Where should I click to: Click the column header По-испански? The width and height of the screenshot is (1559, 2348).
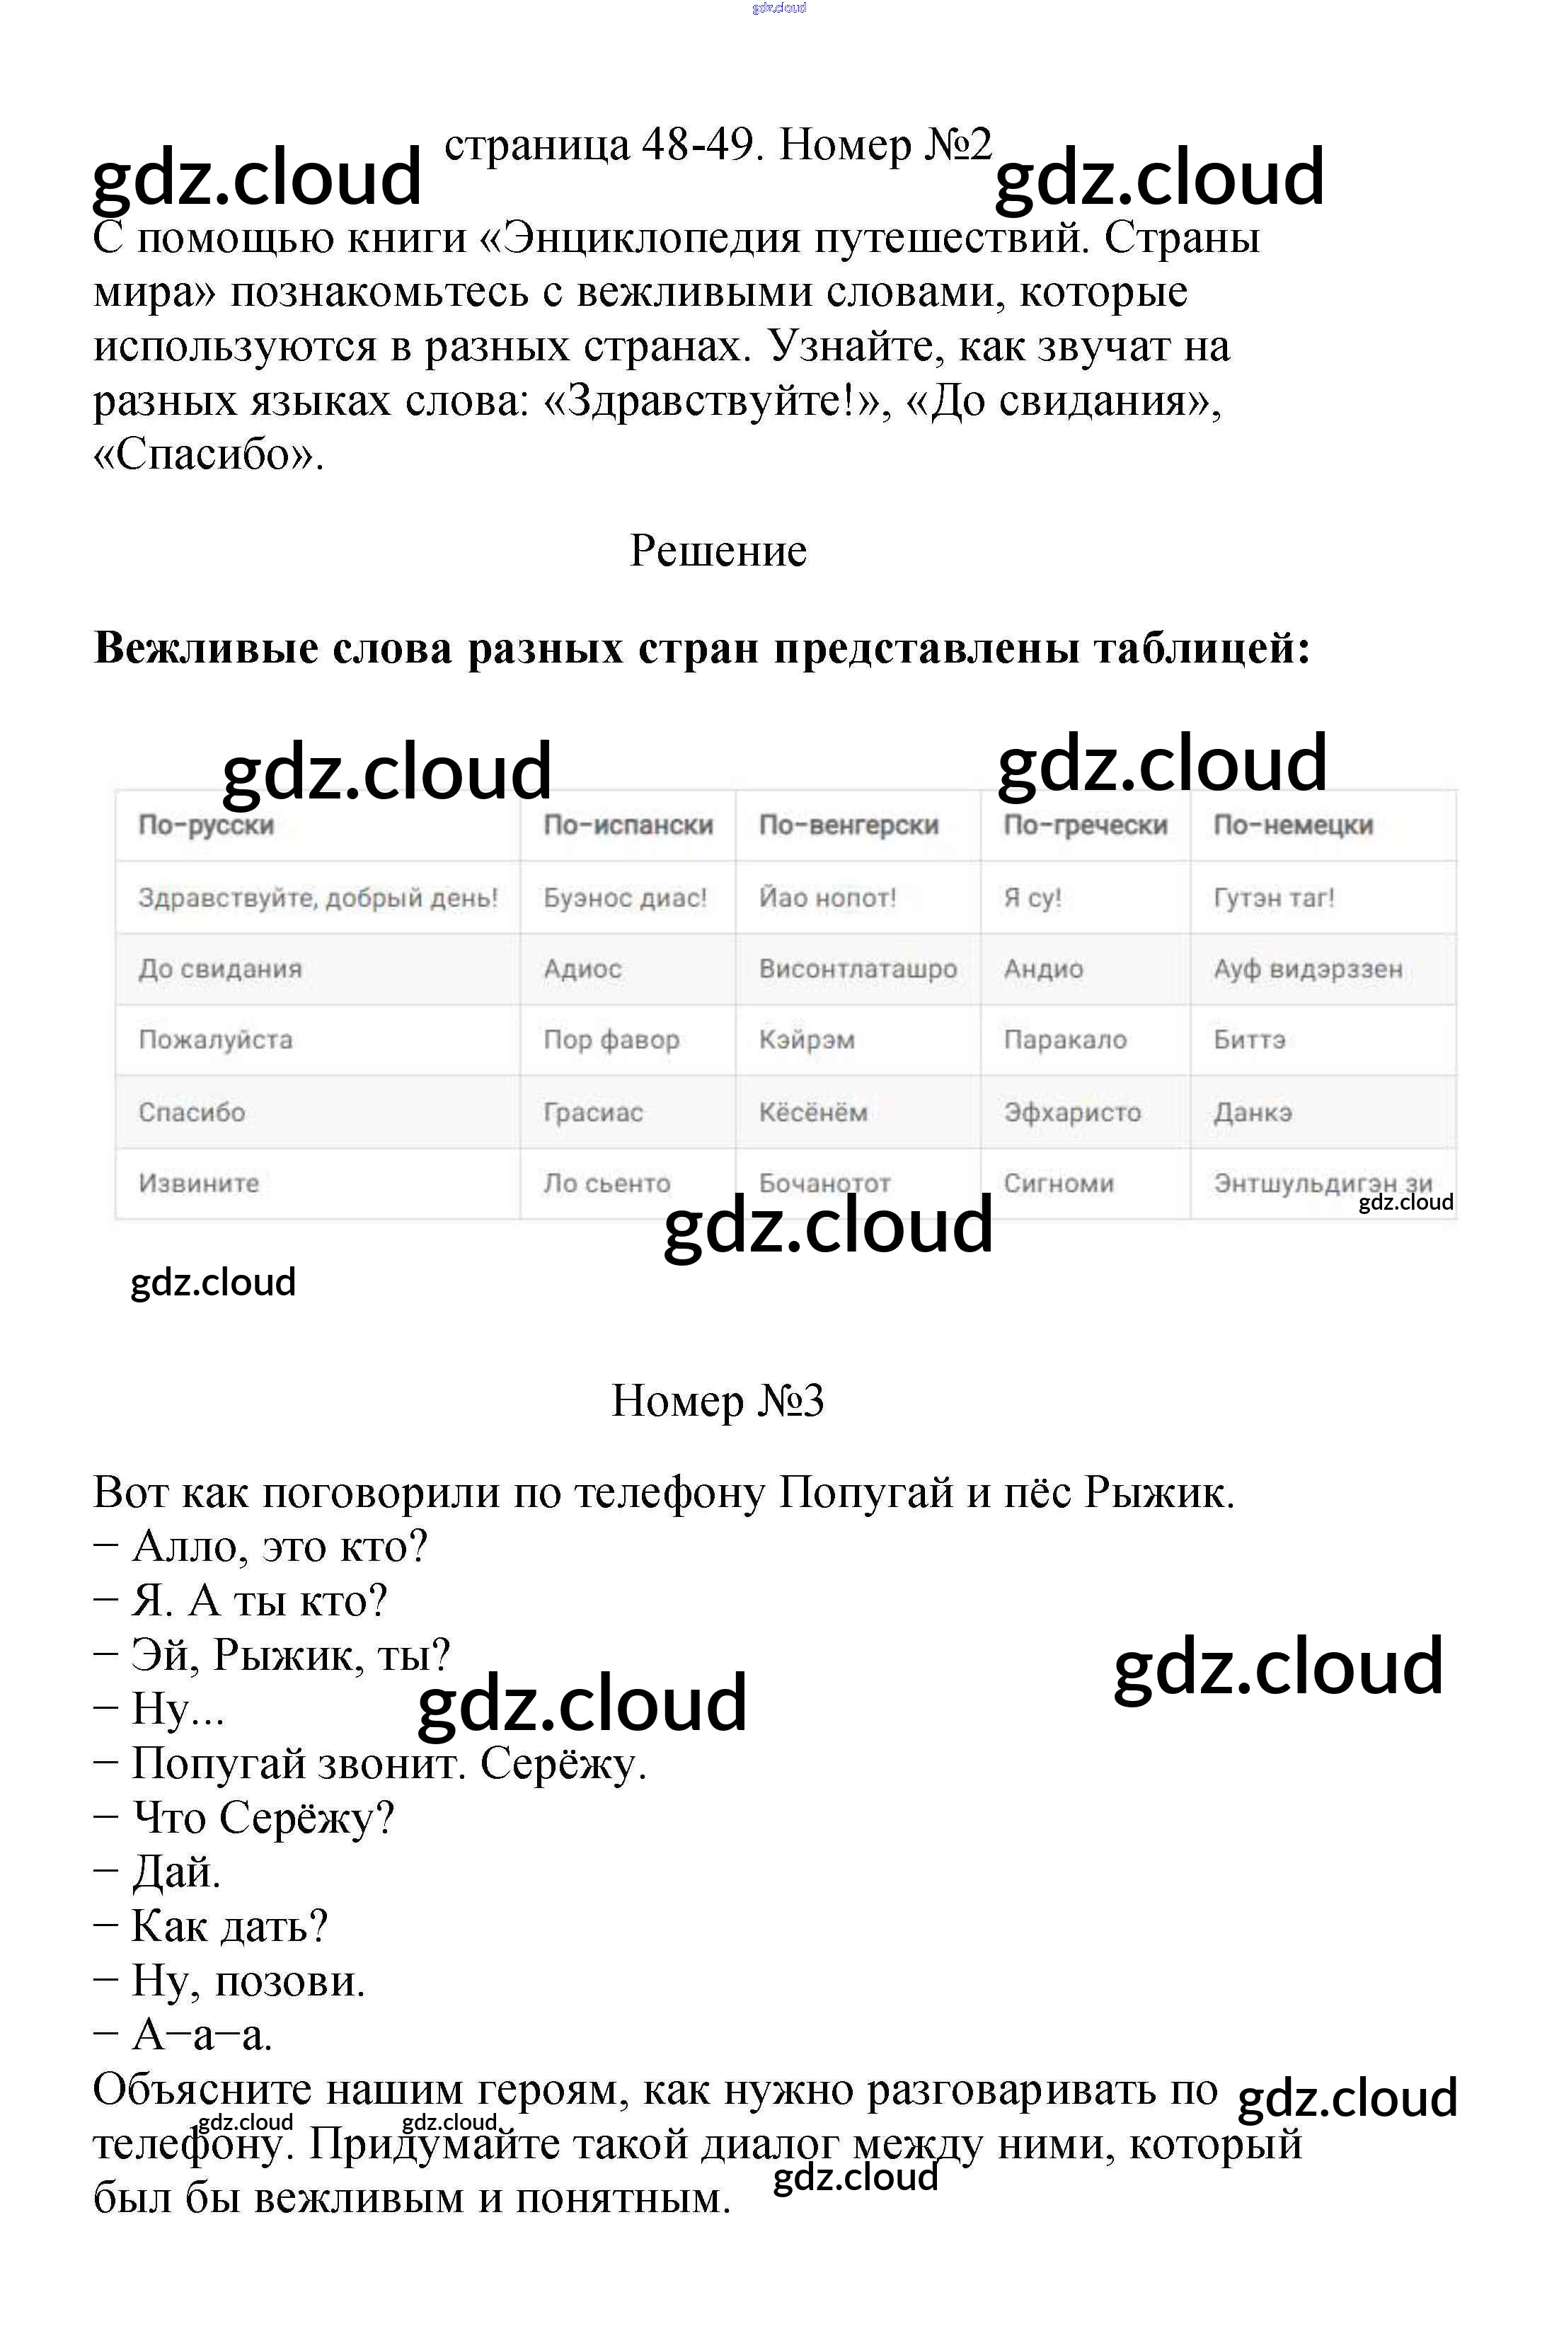point(628,825)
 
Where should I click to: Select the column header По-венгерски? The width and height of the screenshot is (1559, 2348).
point(848,825)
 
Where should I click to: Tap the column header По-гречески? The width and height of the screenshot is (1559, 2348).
point(1085,825)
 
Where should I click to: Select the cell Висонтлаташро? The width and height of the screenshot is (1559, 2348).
point(857,968)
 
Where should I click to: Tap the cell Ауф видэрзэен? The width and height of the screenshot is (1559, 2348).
point(1308,968)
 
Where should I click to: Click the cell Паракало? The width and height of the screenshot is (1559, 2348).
point(1065,1039)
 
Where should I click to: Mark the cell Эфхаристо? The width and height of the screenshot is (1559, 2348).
point(1072,1112)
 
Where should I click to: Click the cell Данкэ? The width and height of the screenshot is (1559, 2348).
point(1253,1112)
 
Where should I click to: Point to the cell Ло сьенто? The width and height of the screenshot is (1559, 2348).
point(606,1184)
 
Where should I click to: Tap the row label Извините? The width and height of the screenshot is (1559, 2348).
point(199,1184)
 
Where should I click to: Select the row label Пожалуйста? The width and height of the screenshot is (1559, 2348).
point(216,1039)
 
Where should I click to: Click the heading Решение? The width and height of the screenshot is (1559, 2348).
point(718,551)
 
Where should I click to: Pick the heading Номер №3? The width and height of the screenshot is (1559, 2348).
point(718,1400)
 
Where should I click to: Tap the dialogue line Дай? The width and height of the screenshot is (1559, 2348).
point(176,1872)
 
